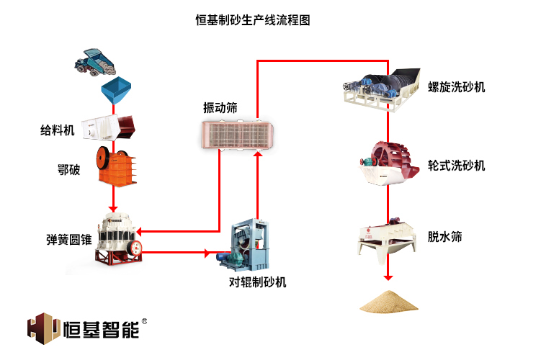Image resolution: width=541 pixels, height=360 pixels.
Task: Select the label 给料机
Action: coord(58,130)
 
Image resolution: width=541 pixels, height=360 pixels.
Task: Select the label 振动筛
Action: coord(220,108)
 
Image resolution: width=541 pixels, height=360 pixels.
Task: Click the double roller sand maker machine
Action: coord(249,245)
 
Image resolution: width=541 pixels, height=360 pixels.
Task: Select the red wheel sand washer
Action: coord(389,163)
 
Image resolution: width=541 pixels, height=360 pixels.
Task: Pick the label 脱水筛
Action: coord(444,236)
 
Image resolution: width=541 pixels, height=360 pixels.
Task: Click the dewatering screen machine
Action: coord(389,238)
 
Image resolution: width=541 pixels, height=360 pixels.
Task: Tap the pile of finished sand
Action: coord(389,301)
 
